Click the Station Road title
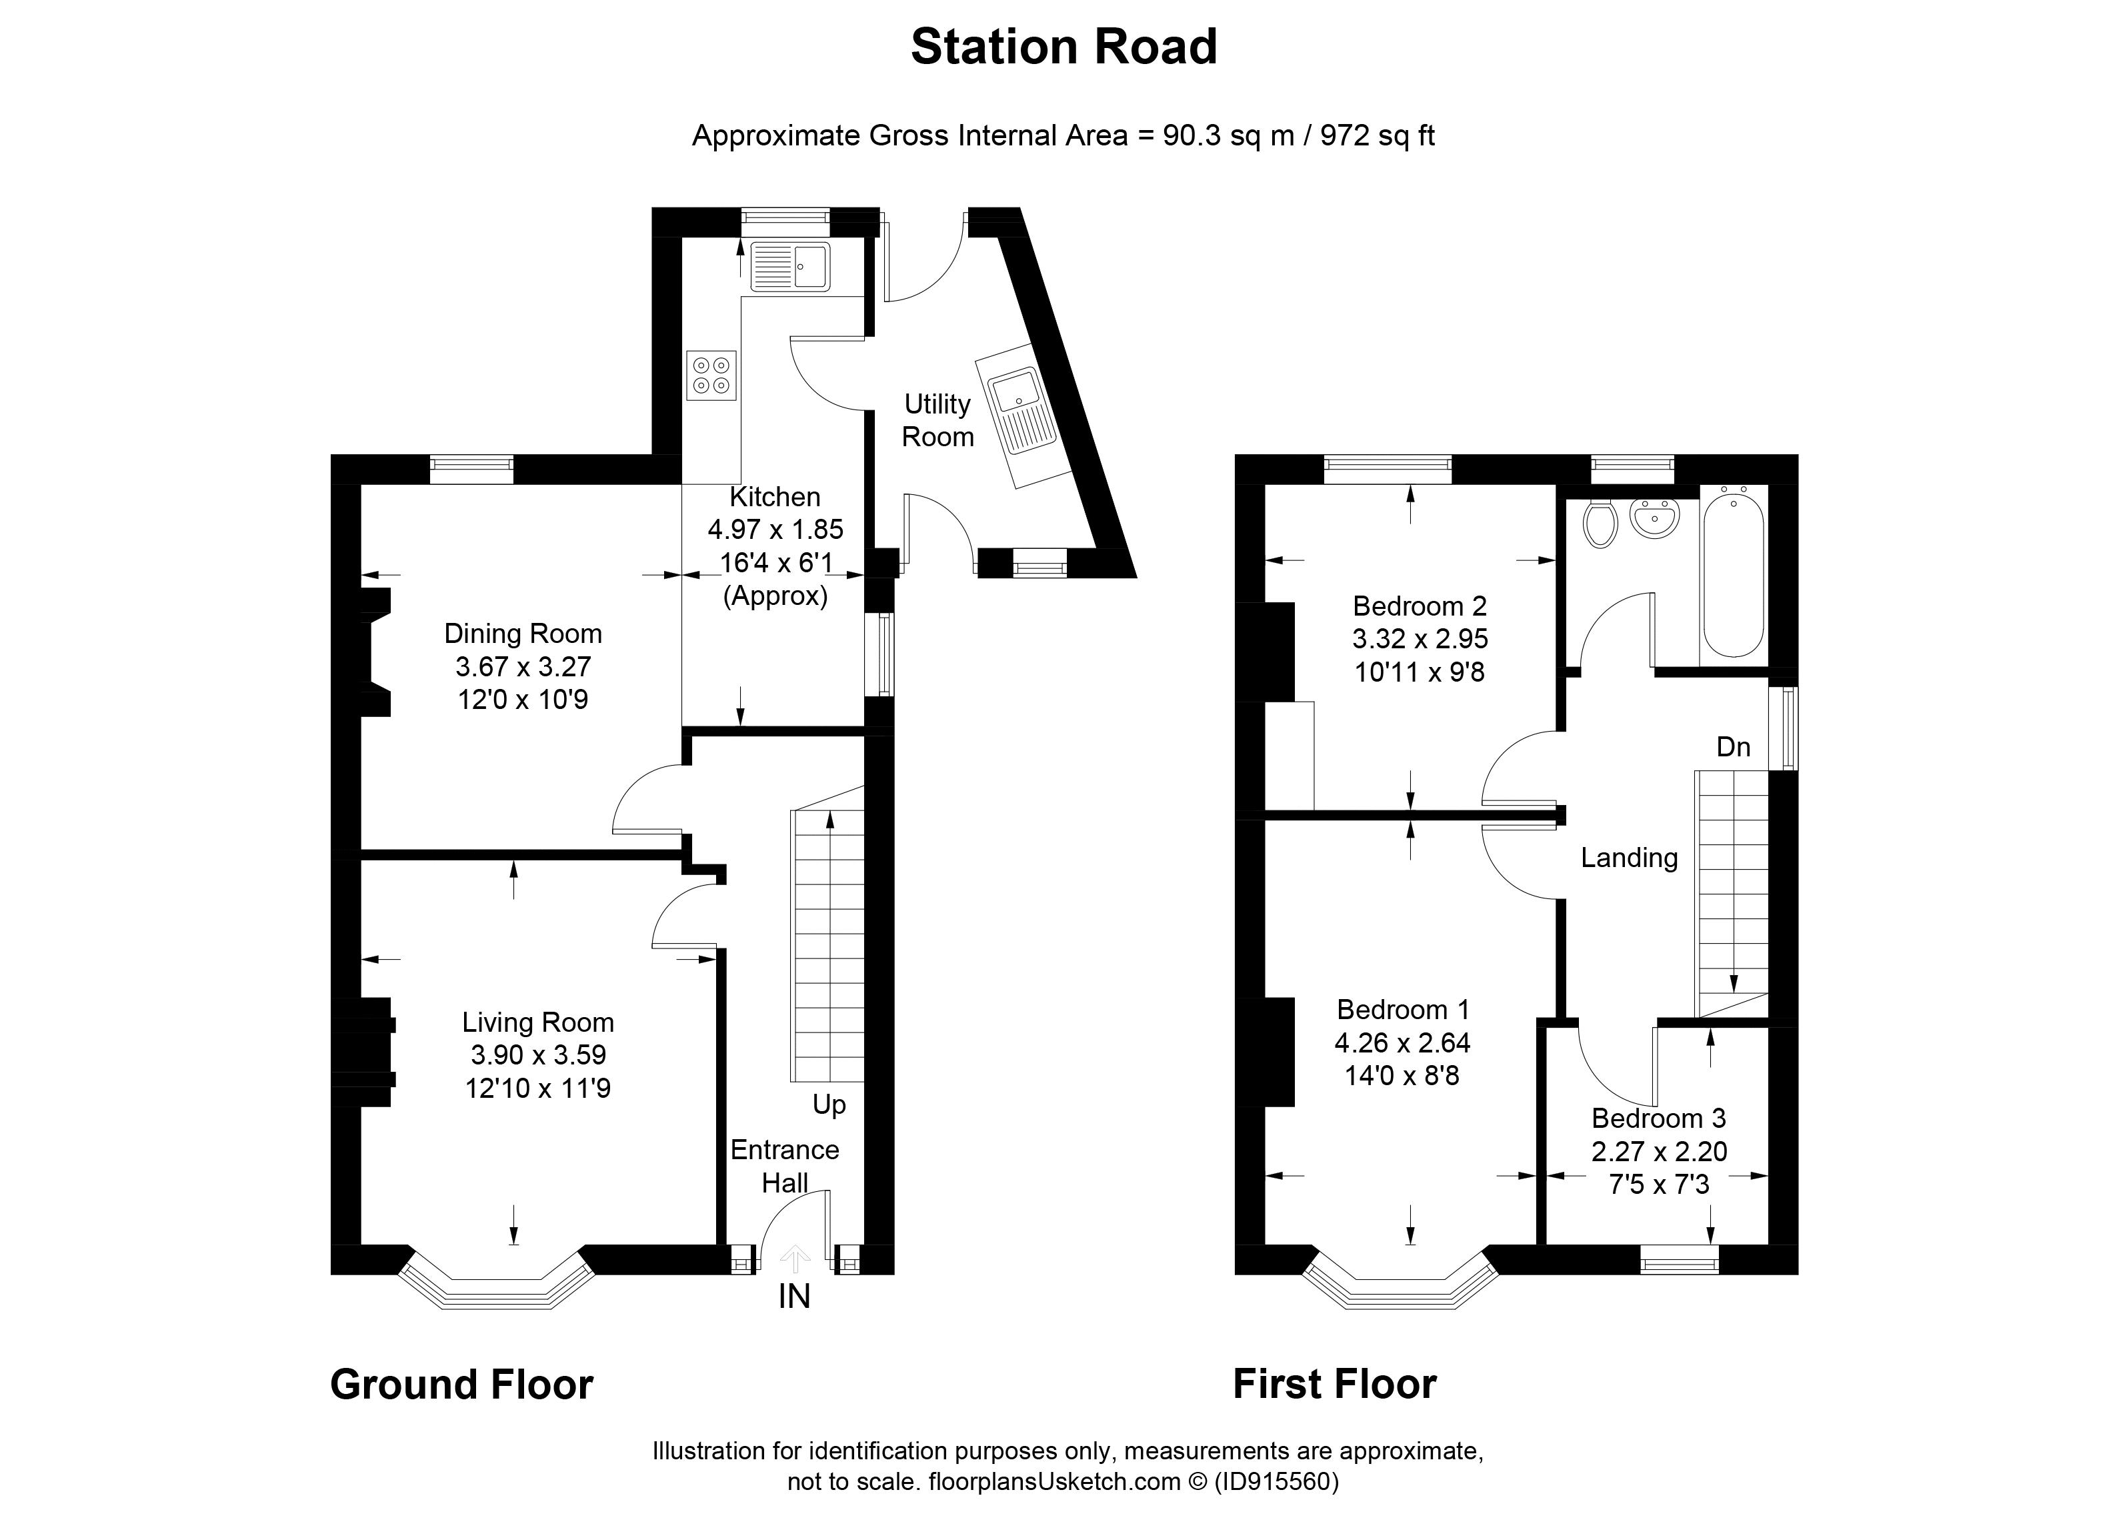[x=1063, y=47]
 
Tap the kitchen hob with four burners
[x=711, y=375]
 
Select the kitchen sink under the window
[x=791, y=266]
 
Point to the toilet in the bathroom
[x=1598, y=524]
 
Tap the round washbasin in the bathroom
[x=1654, y=518]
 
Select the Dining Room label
[x=522, y=634]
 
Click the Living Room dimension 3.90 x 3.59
[x=537, y=1055]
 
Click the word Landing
[x=1629, y=857]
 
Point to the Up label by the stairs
[x=829, y=1105]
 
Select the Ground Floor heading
[x=461, y=1385]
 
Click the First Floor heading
[x=1334, y=1385]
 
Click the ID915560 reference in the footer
[x=1276, y=1483]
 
